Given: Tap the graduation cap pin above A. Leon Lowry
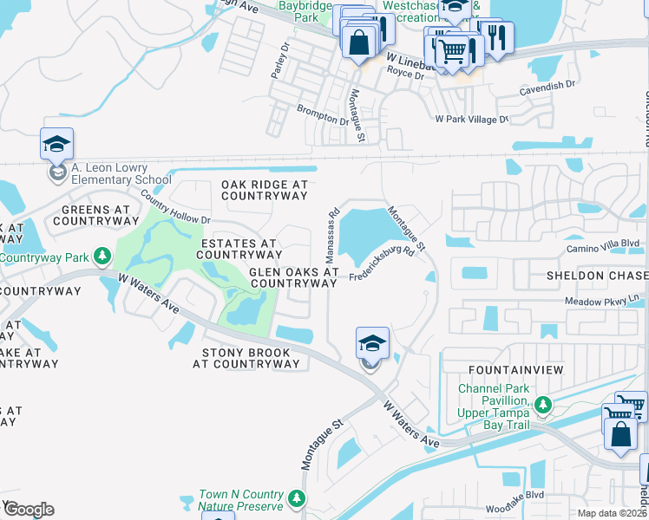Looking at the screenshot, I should click(x=56, y=144).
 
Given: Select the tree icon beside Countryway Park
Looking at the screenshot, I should click(x=102, y=257).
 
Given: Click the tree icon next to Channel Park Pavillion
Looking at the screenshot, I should click(x=542, y=404).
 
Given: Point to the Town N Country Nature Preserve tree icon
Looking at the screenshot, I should click(x=297, y=498).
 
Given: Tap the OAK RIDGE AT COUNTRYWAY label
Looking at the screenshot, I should click(x=265, y=190).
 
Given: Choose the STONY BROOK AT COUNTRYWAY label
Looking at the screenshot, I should click(x=250, y=358).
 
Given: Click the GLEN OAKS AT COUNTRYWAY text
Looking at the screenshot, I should click(x=293, y=277).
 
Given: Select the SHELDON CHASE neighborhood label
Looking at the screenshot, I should click(x=596, y=275).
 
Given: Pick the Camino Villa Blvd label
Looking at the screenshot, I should click(x=605, y=244).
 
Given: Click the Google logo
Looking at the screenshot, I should click(x=29, y=510).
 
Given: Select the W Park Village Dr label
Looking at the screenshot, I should click(x=471, y=118).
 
